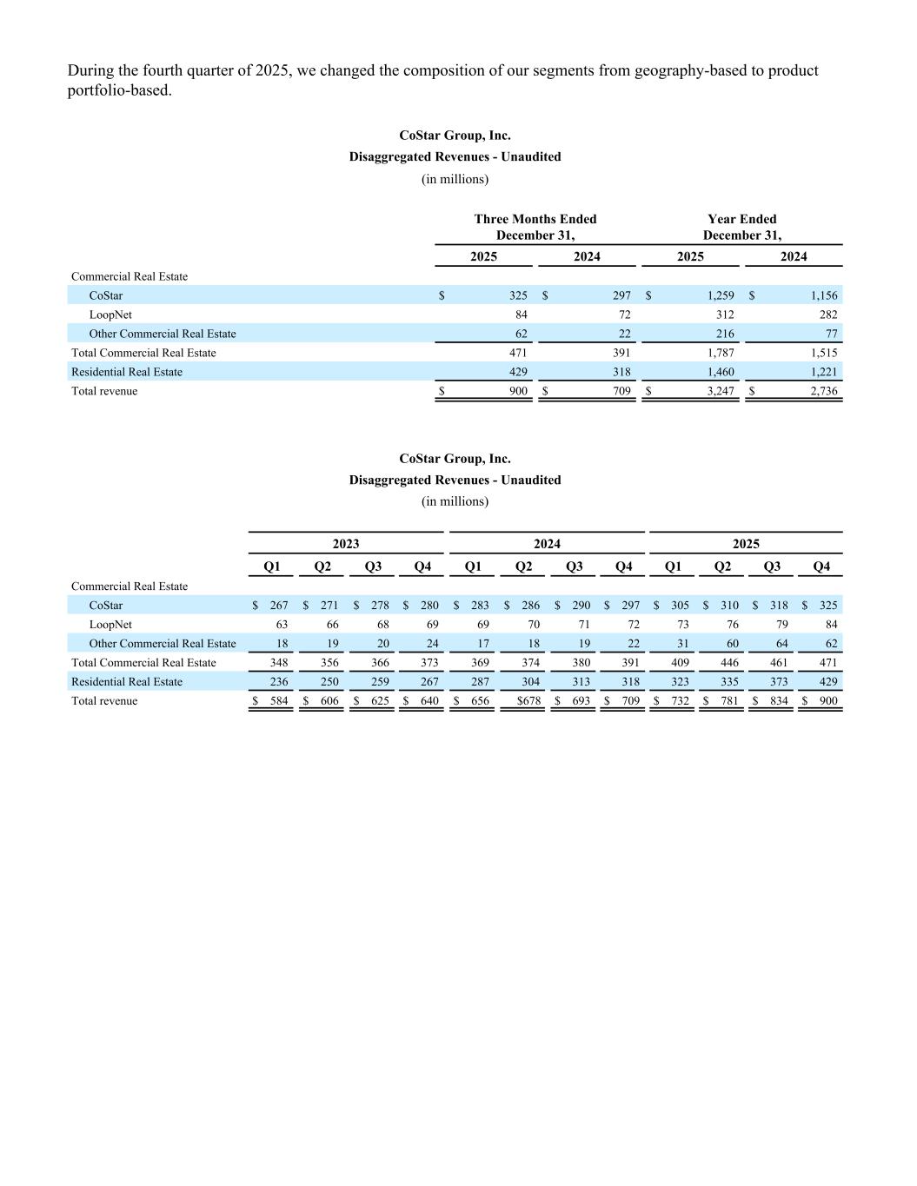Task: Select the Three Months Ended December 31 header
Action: pos(535,227)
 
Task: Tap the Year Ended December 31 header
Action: pos(741,227)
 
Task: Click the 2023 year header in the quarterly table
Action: pos(345,544)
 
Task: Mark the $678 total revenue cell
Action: pos(528,701)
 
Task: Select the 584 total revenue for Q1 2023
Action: pos(278,701)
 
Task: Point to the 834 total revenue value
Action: pos(778,701)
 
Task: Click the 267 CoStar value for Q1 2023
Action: pos(278,606)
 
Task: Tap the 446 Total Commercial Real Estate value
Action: pos(729,663)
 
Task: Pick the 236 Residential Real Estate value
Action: pos(278,682)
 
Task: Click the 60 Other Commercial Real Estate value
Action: pos(732,644)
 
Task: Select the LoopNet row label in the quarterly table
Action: pos(110,625)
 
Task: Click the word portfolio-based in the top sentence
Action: pos(119,90)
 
